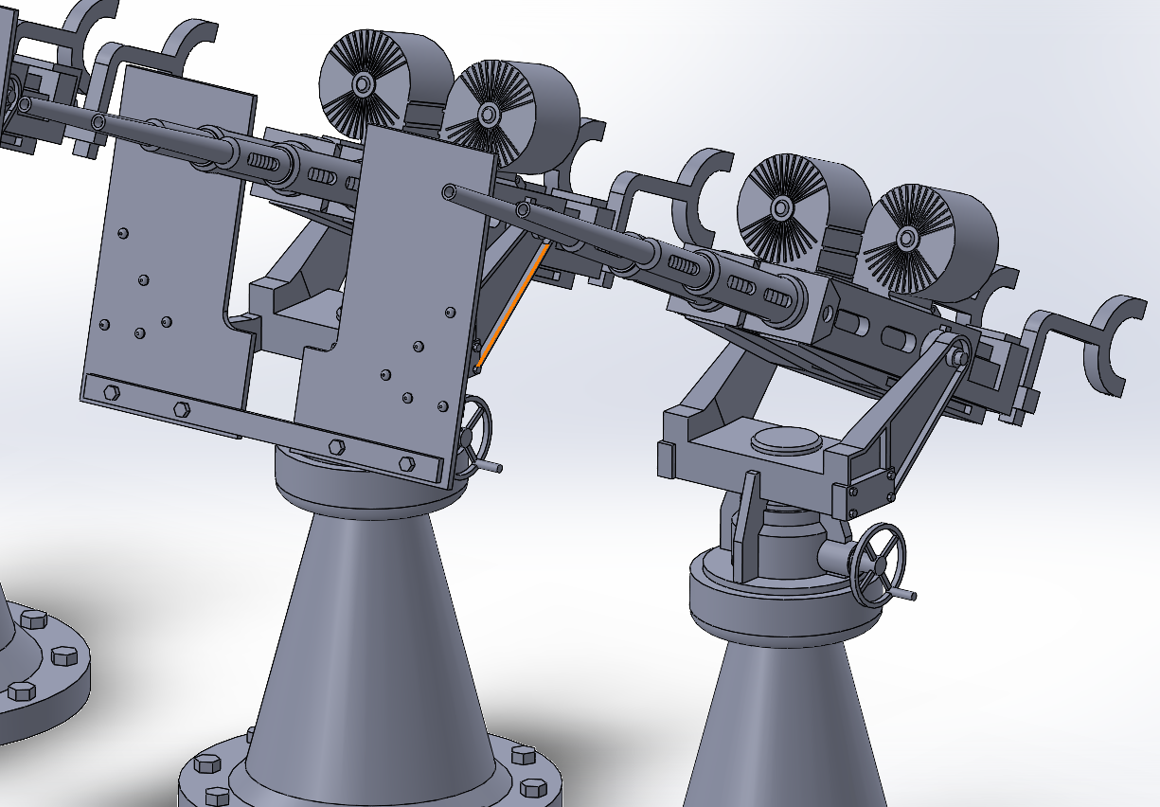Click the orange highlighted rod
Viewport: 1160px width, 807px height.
click(512, 305)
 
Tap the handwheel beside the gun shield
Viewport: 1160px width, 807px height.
click(475, 431)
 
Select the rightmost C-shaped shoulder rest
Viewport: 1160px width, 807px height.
click(1117, 341)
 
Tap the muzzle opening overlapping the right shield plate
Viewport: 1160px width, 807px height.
click(448, 192)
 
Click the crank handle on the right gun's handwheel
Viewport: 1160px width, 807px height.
click(904, 594)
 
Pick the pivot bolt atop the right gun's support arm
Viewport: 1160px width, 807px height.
click(958, 357)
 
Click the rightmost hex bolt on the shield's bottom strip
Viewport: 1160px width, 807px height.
click(407, 463)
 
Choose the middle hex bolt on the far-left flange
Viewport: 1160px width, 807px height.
click(62, 655)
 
